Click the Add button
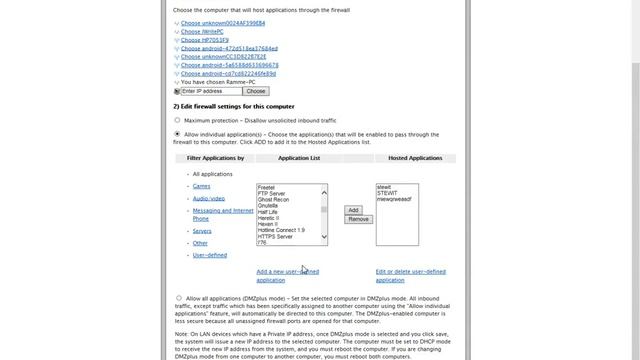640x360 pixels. pos(352,210)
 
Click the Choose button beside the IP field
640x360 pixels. pos(255,91)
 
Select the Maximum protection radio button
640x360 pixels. pos(178,120)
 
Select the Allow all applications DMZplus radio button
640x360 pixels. pos(178,297)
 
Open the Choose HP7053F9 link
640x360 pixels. pos(207,39)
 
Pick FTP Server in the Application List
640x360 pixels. pos(271,193)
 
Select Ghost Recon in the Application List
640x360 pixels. pos(273,199)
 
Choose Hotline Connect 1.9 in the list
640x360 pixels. pos(281,230)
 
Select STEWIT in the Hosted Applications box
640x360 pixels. pos(387,192)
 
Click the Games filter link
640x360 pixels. pos(202,186)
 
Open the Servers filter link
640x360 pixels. pos(203,231)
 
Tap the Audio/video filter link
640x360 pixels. pos(209,198)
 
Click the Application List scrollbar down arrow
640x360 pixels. pos(324,241)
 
